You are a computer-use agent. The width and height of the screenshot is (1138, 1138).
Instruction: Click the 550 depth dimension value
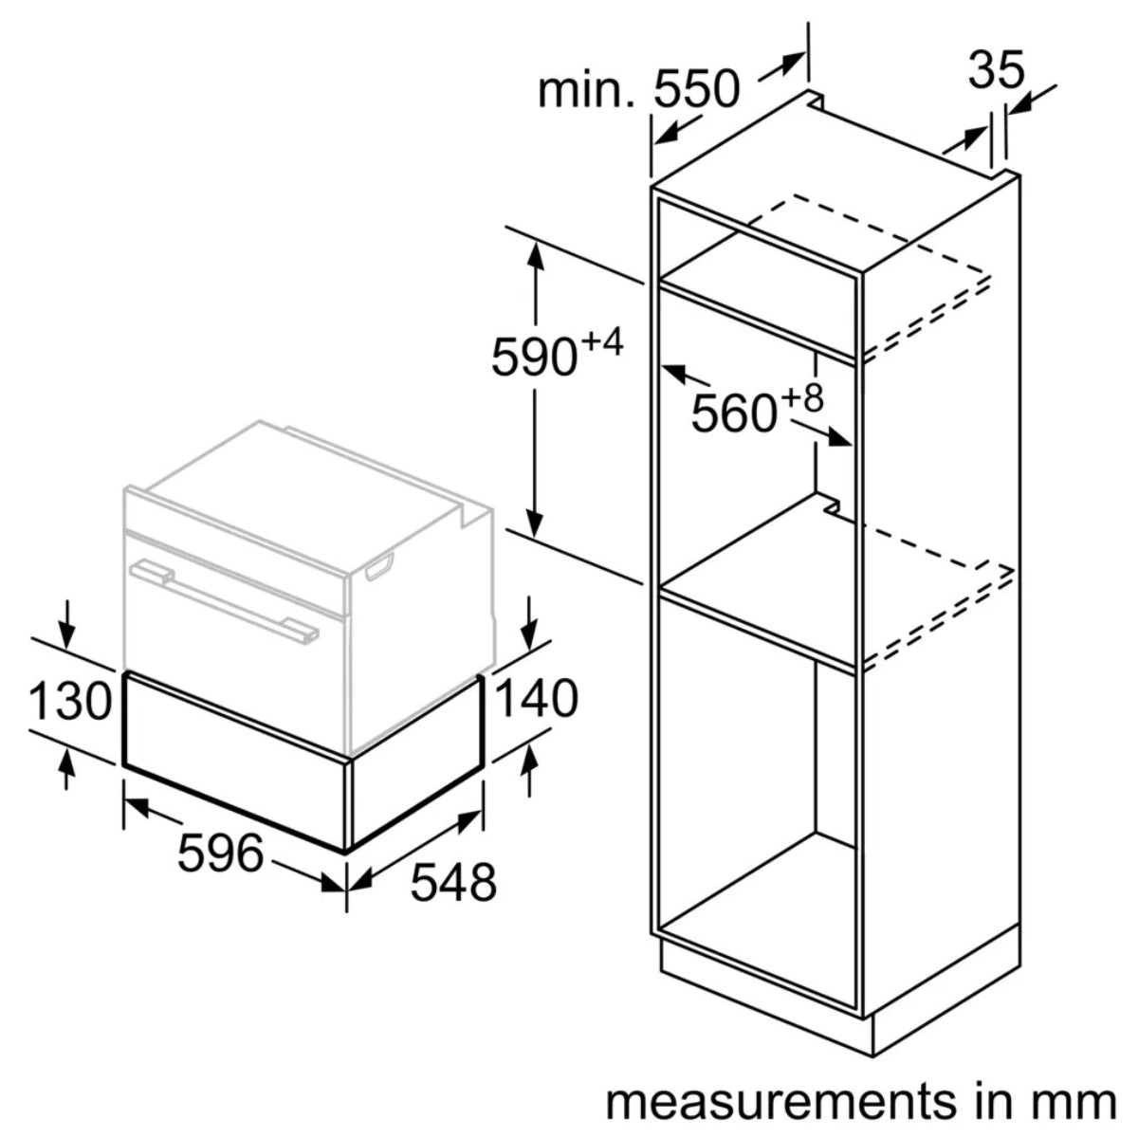click(x=696, y=90)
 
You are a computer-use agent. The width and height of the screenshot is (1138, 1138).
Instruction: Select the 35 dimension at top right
click(x=997, y=70)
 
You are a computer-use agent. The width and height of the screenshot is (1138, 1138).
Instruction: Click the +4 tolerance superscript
click(x=601, y=343)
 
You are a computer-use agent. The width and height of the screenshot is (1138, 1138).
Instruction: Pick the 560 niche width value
click(x=733, y=413)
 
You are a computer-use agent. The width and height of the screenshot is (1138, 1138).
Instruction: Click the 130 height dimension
click(x=70, y=702)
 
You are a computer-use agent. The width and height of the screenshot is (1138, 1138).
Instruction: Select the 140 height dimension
click(x=535, y=700)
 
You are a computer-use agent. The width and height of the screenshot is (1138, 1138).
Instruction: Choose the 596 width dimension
click(x=220, y=853)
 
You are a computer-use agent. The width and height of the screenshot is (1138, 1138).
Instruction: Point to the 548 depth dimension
click(x=452, y=882)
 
